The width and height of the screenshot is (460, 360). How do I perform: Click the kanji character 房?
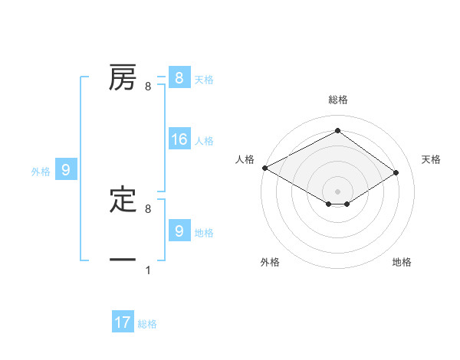[123, 78]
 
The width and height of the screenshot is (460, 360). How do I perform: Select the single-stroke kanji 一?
[123, 260]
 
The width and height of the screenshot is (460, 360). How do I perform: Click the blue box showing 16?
[179, 139]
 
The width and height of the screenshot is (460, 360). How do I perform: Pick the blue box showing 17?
[123, 322]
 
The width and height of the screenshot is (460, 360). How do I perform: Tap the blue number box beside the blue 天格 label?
[179, 78]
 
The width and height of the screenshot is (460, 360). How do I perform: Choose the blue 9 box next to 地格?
[179, 231]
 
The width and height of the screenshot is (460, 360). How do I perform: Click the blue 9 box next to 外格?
[66, 170]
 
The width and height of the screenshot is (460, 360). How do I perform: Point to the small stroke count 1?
[148, 270]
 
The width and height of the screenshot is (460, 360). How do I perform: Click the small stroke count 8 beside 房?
[148, 87]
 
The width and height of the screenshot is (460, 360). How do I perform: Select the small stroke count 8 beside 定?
[148, 208]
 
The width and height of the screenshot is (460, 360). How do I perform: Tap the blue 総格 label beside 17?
[147, 324]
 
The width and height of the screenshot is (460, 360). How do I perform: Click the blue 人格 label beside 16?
[204, 141]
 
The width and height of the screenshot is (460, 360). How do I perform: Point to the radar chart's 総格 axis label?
[337, 100]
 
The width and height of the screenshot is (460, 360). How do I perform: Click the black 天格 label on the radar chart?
[432, 159]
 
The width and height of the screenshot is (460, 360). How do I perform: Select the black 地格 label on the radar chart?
[402, 262]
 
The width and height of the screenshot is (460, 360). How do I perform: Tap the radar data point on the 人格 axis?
[264, 168]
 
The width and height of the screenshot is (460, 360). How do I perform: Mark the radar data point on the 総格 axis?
[337, 130]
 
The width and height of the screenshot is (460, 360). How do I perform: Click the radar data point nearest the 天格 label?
[396, 173]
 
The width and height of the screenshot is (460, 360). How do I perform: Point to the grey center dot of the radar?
[337, 190]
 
